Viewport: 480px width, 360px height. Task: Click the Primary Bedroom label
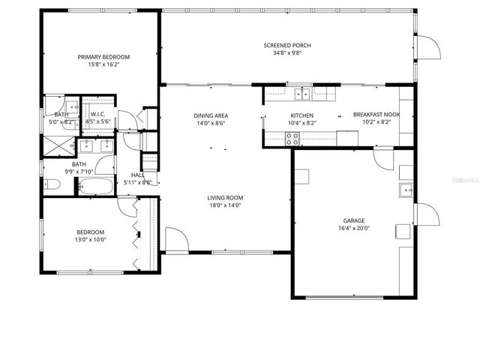(104, 57)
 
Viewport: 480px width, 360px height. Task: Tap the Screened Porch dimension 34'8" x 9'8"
(286, 53)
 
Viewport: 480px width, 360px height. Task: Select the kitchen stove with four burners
(292, 138)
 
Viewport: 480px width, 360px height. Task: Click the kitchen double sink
(304, 94)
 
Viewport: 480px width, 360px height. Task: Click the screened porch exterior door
(427, 49)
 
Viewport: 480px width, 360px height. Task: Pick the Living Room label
(225, 198)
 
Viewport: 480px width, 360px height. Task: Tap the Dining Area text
(211, 115)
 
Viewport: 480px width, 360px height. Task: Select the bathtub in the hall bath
(95, 186)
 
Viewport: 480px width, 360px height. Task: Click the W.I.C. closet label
(97, 115)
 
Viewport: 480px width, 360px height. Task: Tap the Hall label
(137, 175)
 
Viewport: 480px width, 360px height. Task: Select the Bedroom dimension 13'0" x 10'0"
(90, 240)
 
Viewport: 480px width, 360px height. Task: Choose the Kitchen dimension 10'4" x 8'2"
(301, 122)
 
